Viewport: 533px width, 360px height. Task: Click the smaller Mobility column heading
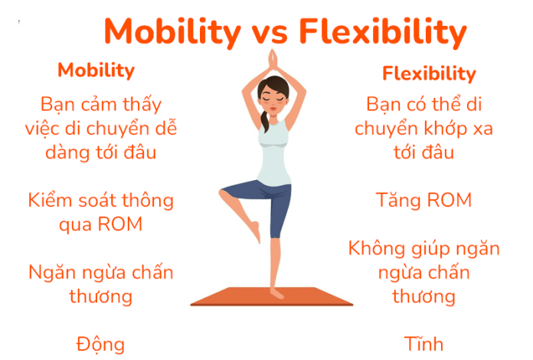(96, 70)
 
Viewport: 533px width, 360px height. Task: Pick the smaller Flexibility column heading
(429, 74)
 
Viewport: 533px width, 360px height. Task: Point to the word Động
(100, 343)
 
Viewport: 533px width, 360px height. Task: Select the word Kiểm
(51, 201)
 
